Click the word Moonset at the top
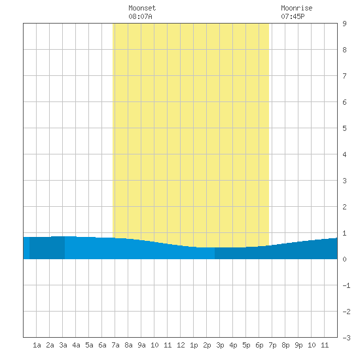tap(142, 8)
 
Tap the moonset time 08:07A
tap(140, 16)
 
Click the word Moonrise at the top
tap(297, 8)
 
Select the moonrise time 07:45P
tap(293, 16)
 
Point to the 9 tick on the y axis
tap(344, 24)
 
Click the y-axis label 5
tap(344, 128)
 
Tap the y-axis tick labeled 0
tap(344, 259)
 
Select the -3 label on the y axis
tap(346, 338)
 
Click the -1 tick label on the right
tap(346, 285)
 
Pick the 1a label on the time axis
tap(37, 345)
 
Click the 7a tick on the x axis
tap(115, 345)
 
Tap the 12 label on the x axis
tap(181, 345)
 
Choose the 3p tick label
tap(220, 345)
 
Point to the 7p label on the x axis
tap(272, 345)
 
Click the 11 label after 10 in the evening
tap(325, 345)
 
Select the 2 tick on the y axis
tap(344, 207)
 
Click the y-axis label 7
tap(344, 76)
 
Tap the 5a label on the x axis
tap(89, 345)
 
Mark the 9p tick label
tap(298, 345)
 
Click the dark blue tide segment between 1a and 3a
tap(47, 247)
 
